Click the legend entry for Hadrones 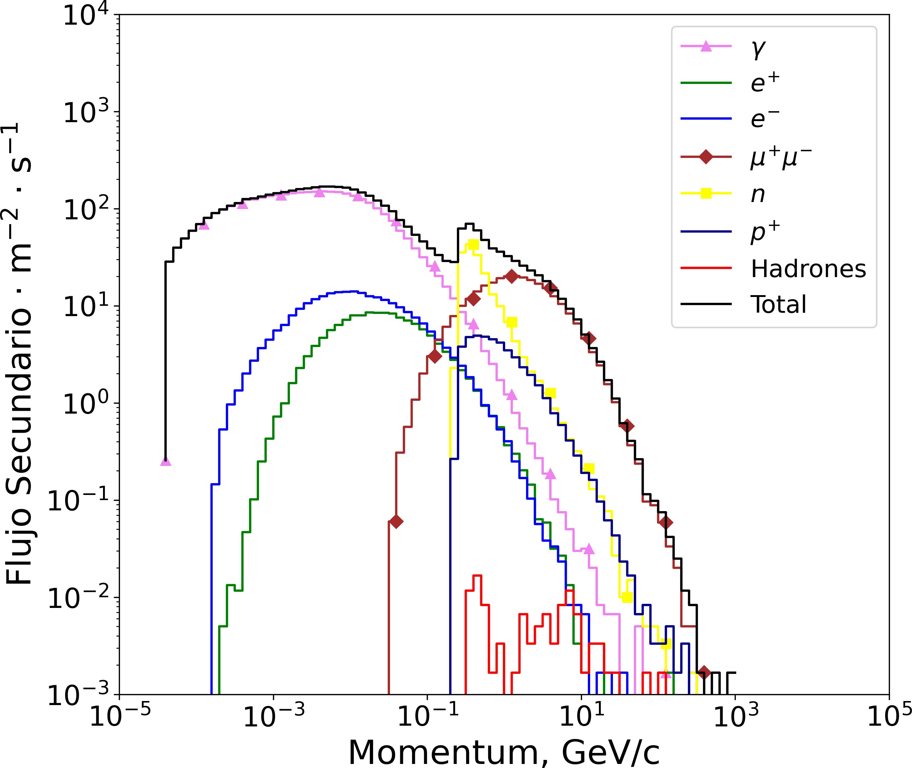click(808, 269)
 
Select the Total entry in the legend click(778, 304)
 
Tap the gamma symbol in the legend click(758, 49)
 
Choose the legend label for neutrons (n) click(758, 195)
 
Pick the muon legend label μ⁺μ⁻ click(781, 157)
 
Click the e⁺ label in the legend click(765, 82)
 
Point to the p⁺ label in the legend click(765, 232)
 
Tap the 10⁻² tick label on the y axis click(78, 599)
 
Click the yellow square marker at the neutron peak click(473, 245)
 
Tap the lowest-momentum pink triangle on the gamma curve click(166, 461)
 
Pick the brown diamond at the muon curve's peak click(512, 276)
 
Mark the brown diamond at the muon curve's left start click(396, 521)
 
